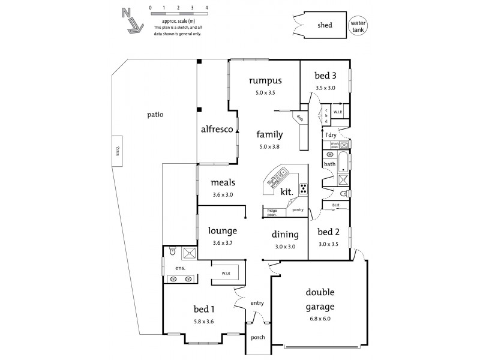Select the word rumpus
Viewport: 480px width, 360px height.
pyautogui.click(x=265, y=80)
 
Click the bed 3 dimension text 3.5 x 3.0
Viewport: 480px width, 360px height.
pyautogui.click(x=325, y=88)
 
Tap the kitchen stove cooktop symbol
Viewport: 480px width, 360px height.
pyautogui.click(x=304, y=188)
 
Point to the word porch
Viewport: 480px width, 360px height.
pyautogui.click(x=257, y=337)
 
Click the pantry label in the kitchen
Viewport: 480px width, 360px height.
pyautogui.click(x=298, y=210)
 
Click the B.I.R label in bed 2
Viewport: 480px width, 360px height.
pyautogui.click(x=335, y=206)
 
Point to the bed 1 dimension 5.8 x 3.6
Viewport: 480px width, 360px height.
pyautogui.click(x=203, y=322)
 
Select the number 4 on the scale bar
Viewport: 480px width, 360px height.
pyautogui.click(x=206, y=7)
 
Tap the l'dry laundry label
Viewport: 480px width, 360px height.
pyautogui.click(x=330, y=135)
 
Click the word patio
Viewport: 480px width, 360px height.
pyautogui.click(x=155, y=115)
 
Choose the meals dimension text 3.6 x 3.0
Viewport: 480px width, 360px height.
pyautogui.click(x=222, y=194)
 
